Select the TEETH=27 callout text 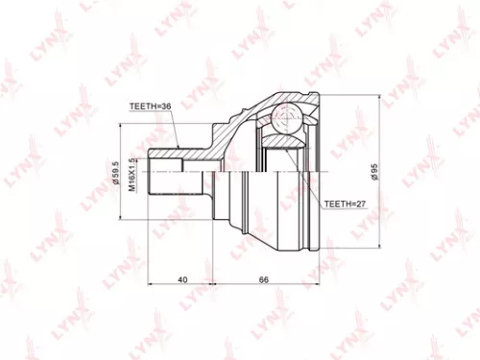(x=346, y=204)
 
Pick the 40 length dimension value (x=182, y=280)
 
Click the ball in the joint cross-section (x=285, y=122)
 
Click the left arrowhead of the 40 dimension (x=152, y=288)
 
